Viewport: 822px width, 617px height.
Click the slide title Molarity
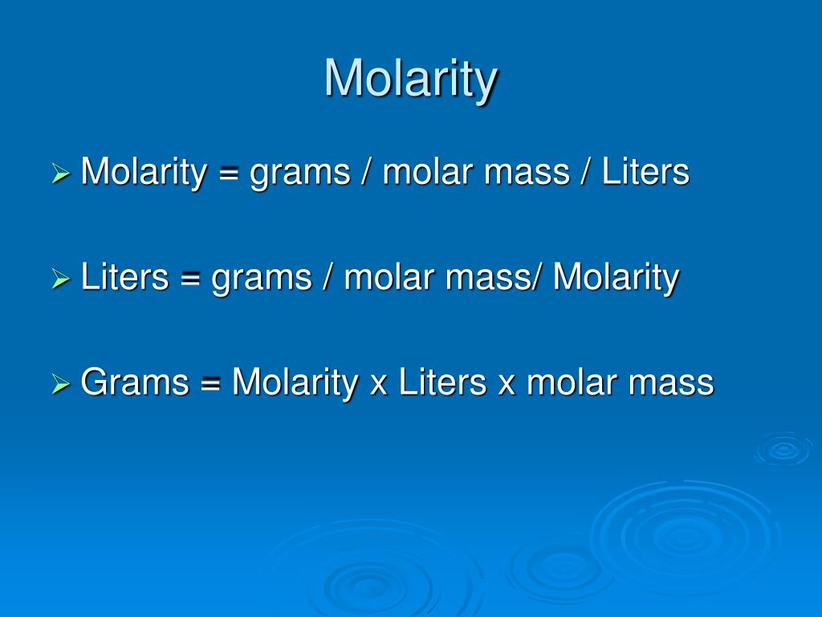(411, 80)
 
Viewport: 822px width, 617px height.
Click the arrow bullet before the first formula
(61, 173)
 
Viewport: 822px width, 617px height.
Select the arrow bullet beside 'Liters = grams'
(61, 279)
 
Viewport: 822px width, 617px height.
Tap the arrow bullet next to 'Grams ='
(61, 385)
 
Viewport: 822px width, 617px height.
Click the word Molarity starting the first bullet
(144, 172)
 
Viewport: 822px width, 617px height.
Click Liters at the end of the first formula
(646, 172)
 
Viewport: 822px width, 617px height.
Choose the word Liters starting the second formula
(125, 278)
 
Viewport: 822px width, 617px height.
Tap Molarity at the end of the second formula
(616, 278)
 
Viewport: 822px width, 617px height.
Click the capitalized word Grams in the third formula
(135, 384)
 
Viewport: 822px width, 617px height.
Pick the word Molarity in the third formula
(295, 384)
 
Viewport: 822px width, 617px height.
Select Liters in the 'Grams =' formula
(443, 384)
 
